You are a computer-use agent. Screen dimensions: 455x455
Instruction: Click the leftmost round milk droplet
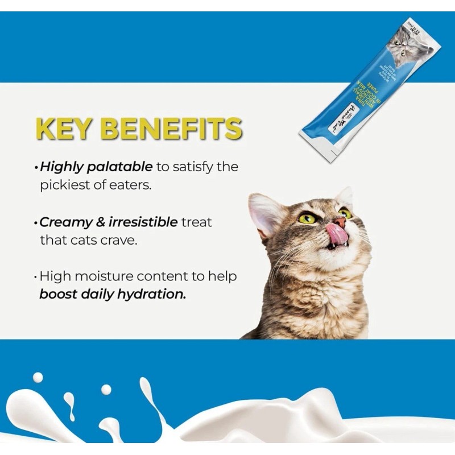coord(38,378)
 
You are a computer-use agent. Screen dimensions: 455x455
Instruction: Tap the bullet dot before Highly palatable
coord(36,168)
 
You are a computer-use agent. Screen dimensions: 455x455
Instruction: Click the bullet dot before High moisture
coord(36,278)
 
